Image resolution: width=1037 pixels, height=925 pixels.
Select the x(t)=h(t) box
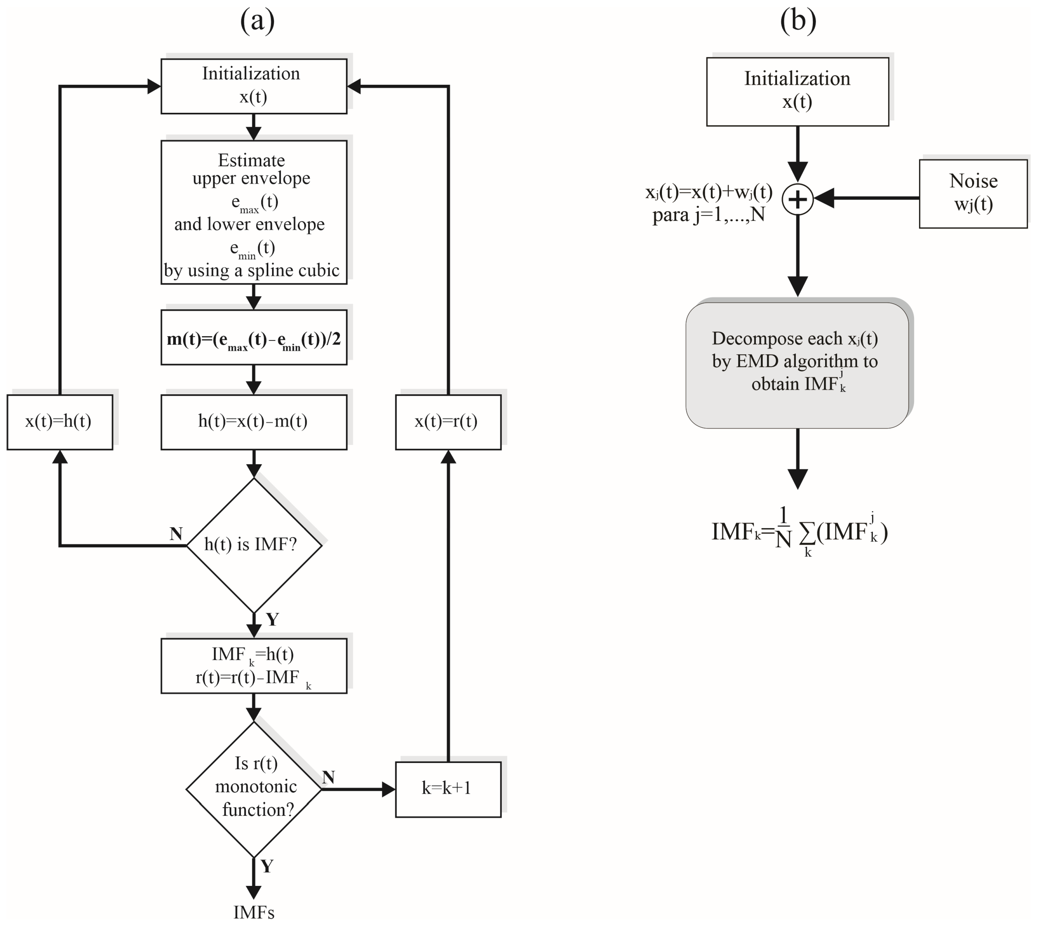pos(60,422)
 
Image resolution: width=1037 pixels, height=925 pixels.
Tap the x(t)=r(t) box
pos(448,422)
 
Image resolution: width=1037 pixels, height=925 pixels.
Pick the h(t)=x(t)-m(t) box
pos(254,422)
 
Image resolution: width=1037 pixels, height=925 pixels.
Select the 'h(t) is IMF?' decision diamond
pos(254,545)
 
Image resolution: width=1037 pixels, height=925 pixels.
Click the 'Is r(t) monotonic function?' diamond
pos(254,789)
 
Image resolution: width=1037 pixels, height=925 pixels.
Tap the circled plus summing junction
pos(797,199)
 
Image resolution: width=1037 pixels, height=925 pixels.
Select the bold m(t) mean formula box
pos(254,338)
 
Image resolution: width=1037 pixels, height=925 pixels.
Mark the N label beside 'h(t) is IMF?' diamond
pos(176,534)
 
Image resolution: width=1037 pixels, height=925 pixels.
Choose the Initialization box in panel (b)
pos(797,91)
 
